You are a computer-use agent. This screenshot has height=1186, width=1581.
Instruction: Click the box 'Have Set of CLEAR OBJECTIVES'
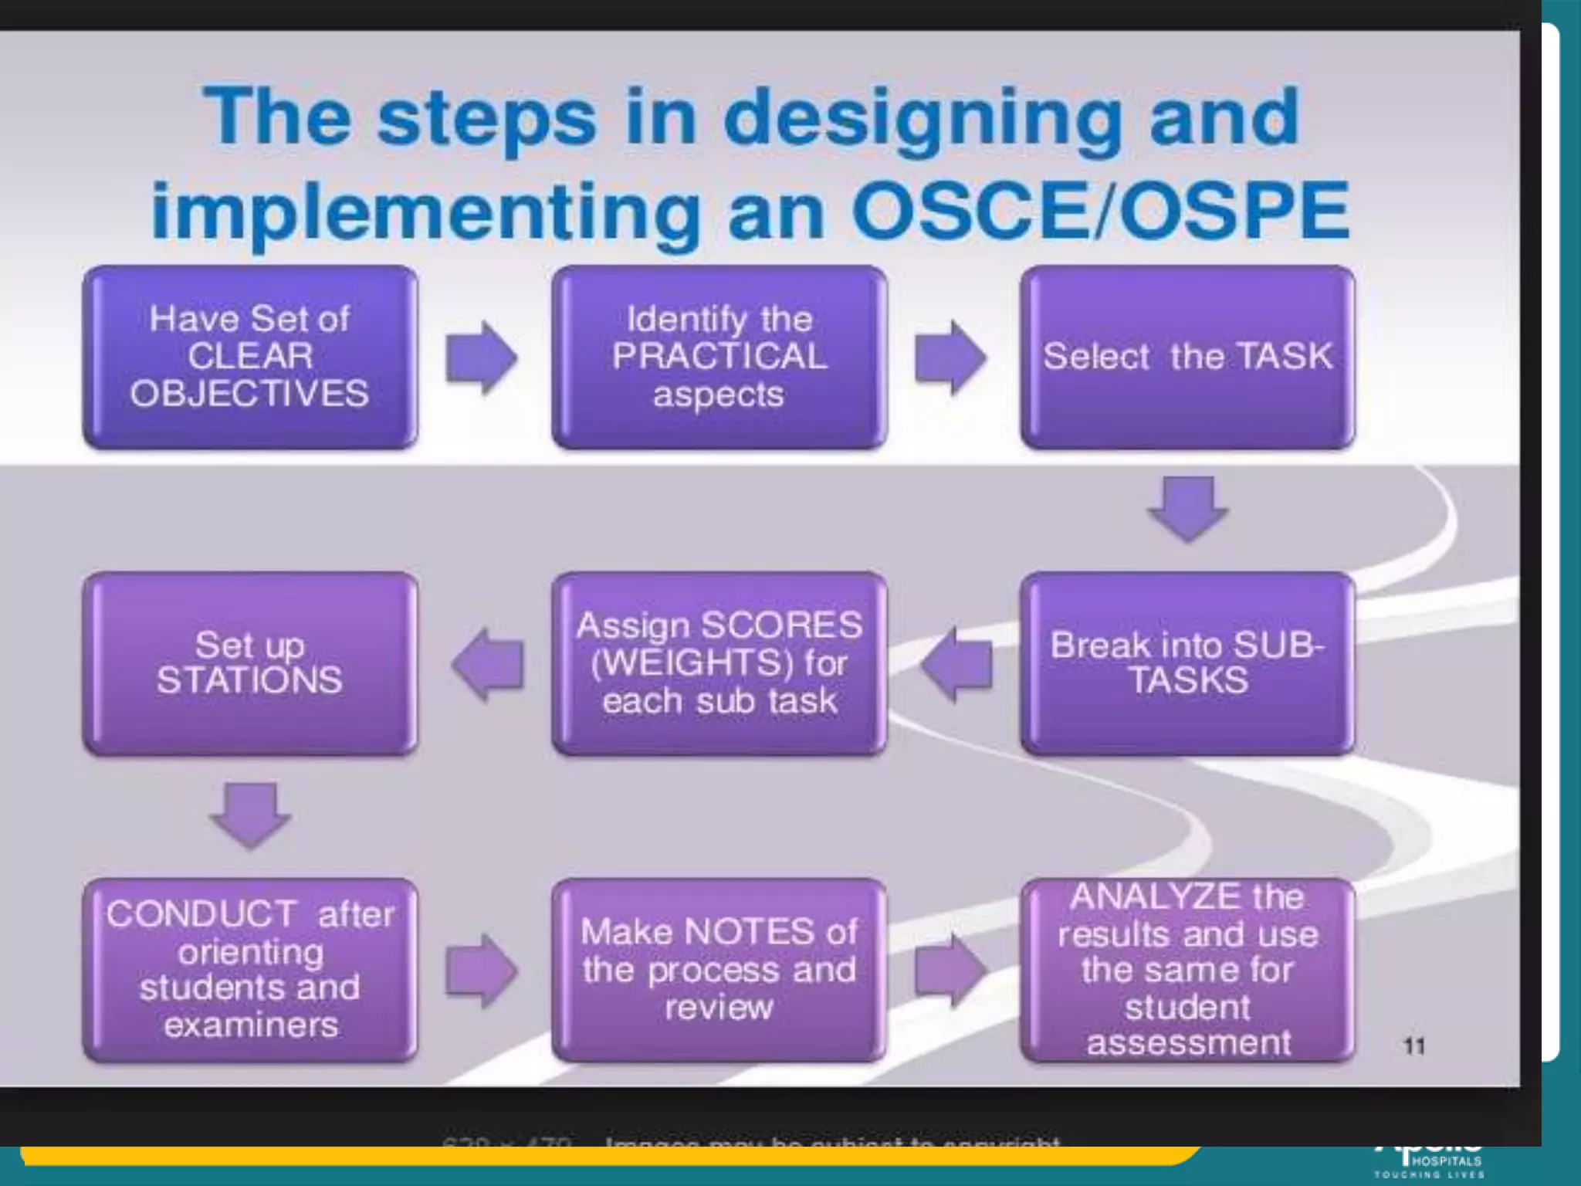pos(250,357)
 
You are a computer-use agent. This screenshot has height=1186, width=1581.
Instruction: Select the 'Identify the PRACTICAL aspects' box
pos(719,357)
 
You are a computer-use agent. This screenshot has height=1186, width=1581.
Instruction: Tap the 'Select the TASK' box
pos(1187,357)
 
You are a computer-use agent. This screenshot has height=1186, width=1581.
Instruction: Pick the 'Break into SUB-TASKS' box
pos(1187,662)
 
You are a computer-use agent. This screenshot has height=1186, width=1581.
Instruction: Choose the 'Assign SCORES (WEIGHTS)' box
pos(719,662)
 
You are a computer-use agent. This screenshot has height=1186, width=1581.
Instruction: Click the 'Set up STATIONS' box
pos(250,662)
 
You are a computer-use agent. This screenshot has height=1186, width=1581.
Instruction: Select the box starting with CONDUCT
pos(250,970)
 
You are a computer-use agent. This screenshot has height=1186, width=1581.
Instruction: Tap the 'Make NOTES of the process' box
pos(719,970)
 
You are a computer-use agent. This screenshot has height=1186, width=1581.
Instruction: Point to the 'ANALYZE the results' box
pos(1187,970)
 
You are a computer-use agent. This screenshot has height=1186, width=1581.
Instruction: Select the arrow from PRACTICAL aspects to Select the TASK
pos(950,357)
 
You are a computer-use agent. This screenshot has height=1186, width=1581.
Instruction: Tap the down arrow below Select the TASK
pos(1187,509)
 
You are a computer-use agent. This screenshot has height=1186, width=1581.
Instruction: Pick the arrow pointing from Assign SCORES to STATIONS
pos(488,664)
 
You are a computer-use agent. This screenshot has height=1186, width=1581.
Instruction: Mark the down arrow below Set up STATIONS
pos(250,815)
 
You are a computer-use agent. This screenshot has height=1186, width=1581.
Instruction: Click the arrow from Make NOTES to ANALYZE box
pos(950,971)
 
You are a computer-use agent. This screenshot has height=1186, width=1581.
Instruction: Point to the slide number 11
pos(1413,1046)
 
